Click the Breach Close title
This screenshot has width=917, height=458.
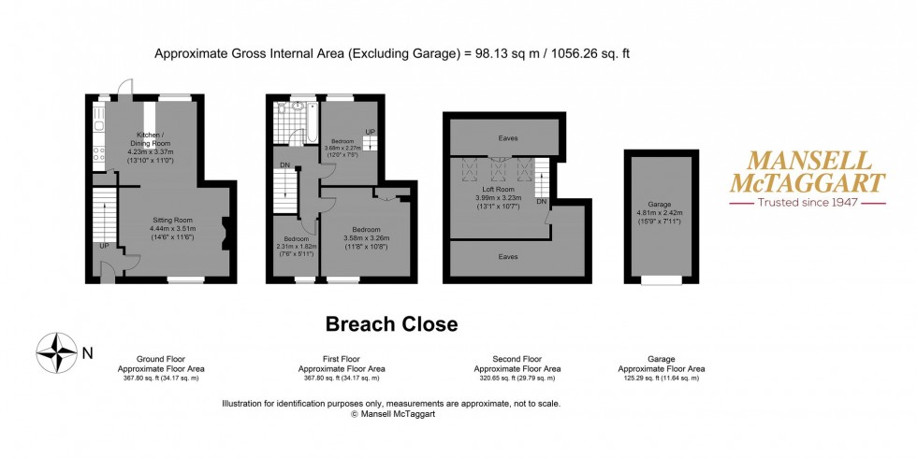[391, 324]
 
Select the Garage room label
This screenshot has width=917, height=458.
[661, 204]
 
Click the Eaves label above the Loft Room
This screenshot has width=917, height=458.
[506, 138]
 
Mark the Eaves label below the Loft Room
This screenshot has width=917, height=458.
[506, 256]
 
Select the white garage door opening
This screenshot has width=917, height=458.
[661, 279]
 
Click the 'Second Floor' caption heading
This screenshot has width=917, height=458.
[517, 359]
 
